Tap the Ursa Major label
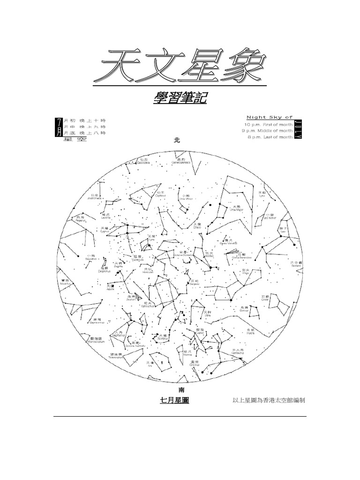236,208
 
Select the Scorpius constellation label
162,337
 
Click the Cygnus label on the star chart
105,230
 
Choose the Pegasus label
79,218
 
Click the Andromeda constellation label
95,197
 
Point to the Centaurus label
238,352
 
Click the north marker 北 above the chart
177,140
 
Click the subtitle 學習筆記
180,99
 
